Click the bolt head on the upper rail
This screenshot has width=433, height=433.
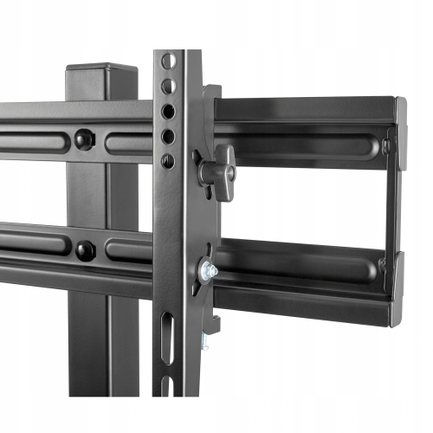click(x=85, y=139)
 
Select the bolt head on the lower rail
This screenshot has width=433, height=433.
click(x=85, y=249)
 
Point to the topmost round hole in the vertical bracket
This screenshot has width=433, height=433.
click(x=169, y=62)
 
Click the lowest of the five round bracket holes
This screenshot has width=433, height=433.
click(x=168, y=161)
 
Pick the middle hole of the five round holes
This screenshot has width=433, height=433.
click(x=169, y=113)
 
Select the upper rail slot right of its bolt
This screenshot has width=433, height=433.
click(x=130, y=141)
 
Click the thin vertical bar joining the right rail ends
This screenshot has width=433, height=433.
click(x=391, y=204)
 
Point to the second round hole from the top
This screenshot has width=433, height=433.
click(x=169, y=87)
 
